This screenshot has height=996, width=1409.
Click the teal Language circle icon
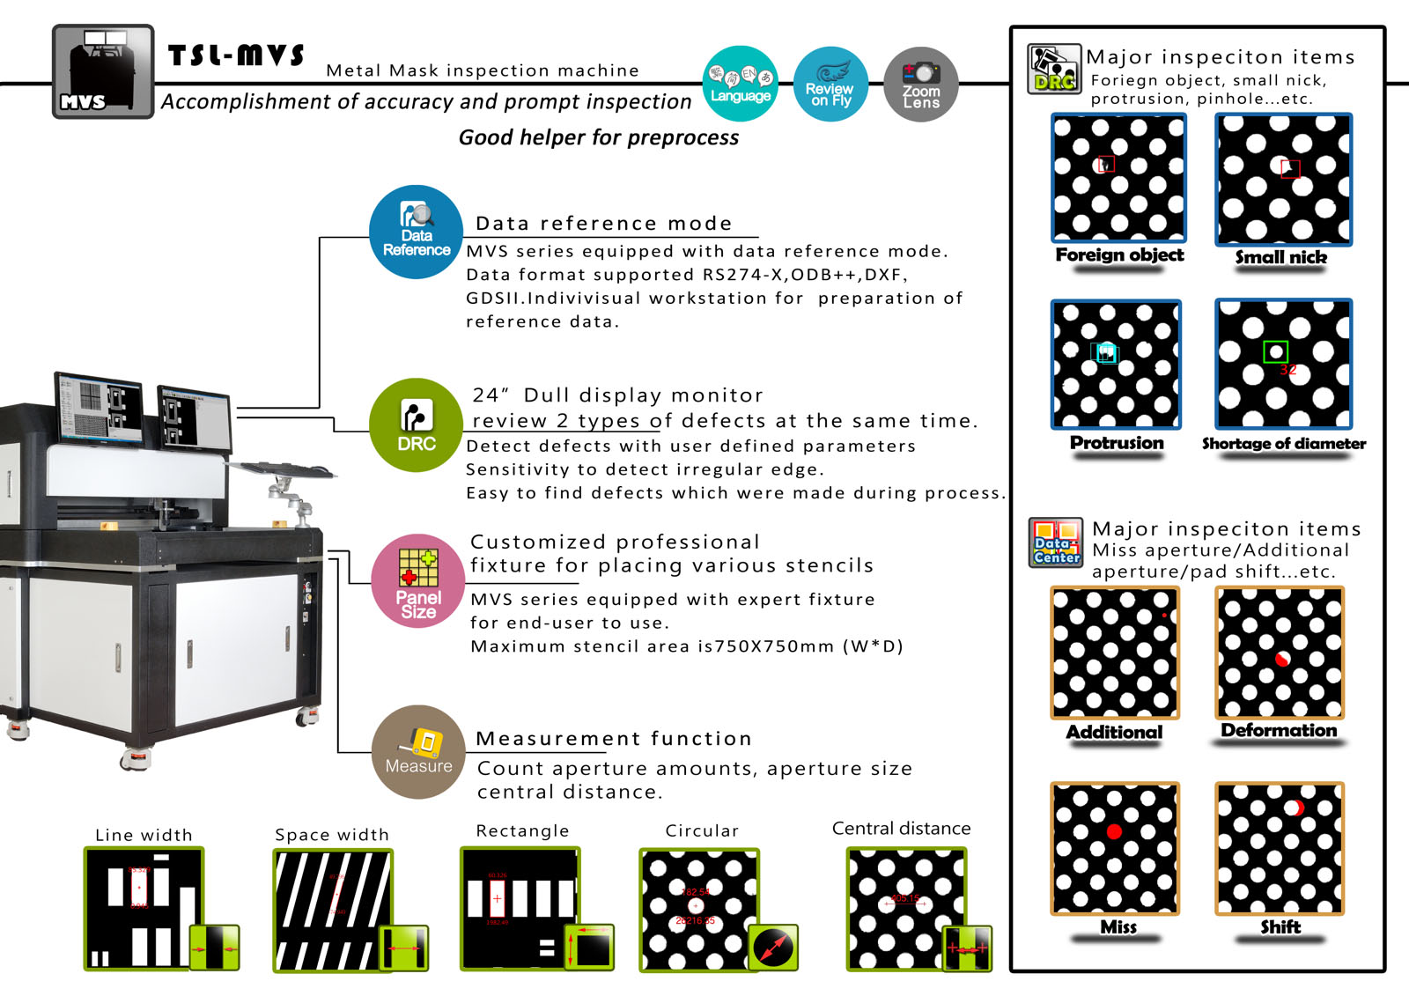coord(741,84)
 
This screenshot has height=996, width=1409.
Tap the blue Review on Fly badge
coord(830,84)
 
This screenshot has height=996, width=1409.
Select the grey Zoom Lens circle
coord(920,84)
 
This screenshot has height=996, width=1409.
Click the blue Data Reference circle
coord(416,232)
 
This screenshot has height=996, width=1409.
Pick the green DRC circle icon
coord(416,425)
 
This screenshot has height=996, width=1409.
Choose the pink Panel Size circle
coord(418,580)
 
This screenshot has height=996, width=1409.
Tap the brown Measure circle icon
coord(418,751)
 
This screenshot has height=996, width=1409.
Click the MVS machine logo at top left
coord(103,71)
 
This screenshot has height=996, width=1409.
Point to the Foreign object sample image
coord(1118,178)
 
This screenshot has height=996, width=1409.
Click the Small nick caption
coord(1280,257)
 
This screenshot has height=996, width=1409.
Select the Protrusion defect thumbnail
coord(1116,364)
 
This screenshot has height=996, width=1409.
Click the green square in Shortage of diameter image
coord(1275,351)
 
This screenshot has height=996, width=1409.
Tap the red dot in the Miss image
coord(1114,831)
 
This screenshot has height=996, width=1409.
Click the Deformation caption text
coord(1279,730)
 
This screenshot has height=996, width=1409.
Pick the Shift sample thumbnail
coord(1280,848)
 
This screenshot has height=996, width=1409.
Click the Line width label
coord(144,835)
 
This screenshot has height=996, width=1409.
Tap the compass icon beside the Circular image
coord(773,948)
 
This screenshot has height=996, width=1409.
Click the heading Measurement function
coord(614,738)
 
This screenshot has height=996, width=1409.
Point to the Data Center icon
coord(1055,542)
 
